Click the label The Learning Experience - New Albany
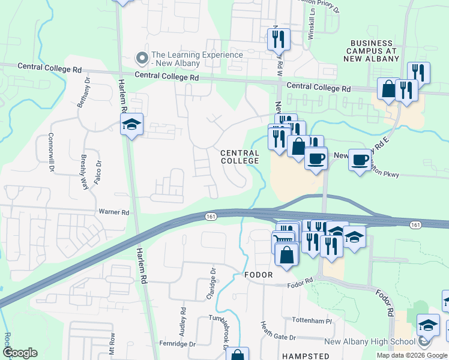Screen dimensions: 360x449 197,59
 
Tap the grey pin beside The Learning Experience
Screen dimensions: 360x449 142,58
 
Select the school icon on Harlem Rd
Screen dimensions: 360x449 131,125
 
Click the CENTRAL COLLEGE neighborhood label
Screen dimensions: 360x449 240,157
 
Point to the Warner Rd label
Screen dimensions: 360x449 115,212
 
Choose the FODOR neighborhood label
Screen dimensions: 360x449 259,275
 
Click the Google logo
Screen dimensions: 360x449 20,353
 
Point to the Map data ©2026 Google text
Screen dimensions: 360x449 411,355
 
